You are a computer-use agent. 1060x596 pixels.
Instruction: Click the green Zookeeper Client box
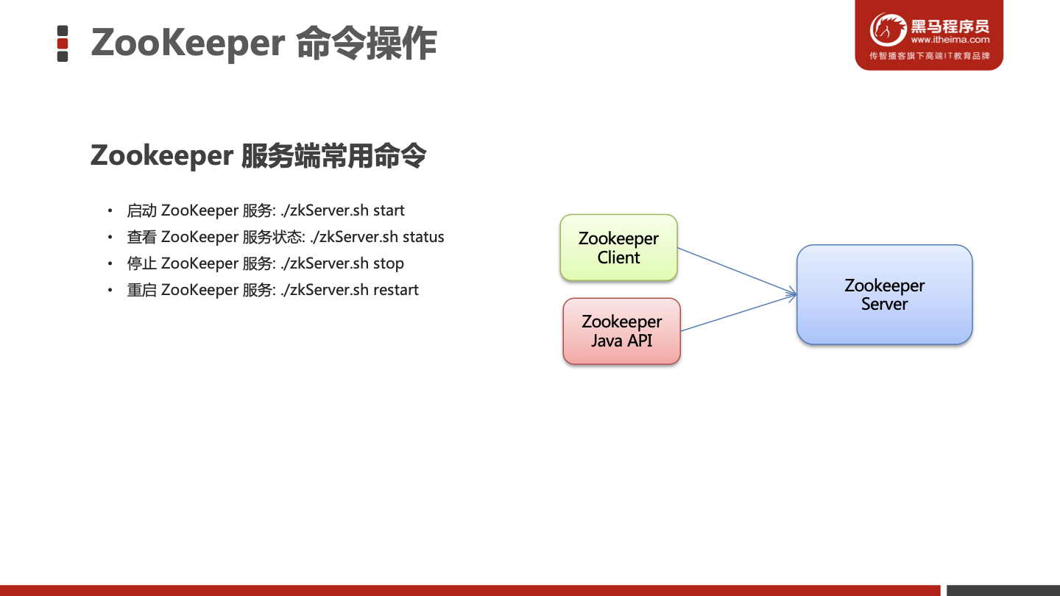coord(618,247)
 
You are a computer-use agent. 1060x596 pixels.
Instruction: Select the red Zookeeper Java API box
coord(622,331)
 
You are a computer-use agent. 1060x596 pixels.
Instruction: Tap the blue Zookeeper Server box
coord(885,294)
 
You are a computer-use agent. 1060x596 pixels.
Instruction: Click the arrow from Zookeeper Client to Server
coord(738,271)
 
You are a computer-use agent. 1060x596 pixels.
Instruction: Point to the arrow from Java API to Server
coord(739,313)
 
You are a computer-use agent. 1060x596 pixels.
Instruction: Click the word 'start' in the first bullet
coord(389,210)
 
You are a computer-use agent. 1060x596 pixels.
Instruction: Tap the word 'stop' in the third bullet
coord(389,263)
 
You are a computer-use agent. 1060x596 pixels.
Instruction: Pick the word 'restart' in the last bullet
coord(396,290)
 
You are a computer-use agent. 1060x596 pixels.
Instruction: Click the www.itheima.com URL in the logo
coord(950,40)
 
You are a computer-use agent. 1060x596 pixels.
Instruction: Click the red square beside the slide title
coord(63,43)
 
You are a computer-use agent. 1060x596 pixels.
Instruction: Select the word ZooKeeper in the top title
coord(188,43)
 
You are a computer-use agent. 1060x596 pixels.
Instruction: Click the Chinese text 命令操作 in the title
coord(367,43)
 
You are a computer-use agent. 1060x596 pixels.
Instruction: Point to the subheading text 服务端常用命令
coord(333,156)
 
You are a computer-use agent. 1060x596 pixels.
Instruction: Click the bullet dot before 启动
coord(110,210)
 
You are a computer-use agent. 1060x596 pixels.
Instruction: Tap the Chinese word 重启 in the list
coord(141,290)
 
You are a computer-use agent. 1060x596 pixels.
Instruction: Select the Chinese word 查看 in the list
coord(141,237)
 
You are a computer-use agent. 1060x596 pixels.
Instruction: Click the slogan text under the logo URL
coord(930,56)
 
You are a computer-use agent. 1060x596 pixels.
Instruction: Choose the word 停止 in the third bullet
coord(141,263)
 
